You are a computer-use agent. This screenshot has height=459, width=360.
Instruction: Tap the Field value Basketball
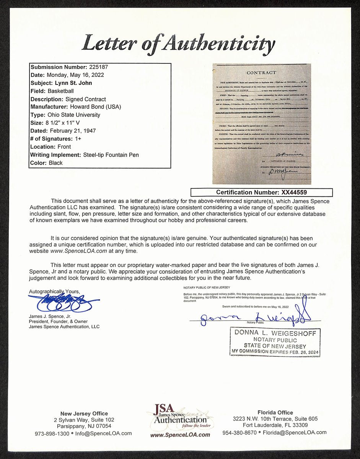[x=60, y=91]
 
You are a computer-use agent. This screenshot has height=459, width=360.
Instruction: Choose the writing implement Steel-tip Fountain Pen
[x=111, y=155]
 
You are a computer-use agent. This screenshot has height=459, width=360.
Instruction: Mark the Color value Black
[x=55, y=163]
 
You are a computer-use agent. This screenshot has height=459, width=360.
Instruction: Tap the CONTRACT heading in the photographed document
[x=261, y=73]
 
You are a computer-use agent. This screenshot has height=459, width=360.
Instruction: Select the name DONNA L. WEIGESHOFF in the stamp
[x=275, y=334]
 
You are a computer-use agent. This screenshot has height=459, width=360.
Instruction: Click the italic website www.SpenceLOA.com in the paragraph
[x=79, y=251]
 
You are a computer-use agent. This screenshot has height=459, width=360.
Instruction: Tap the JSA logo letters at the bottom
[x=164, y=409]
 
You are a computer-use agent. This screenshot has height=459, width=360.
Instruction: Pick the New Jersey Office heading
[x=84, y=414]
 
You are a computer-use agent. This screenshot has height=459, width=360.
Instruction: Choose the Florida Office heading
[x=275, y=412]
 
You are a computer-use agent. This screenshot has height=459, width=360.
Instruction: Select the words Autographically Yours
[x=54, y=292]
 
